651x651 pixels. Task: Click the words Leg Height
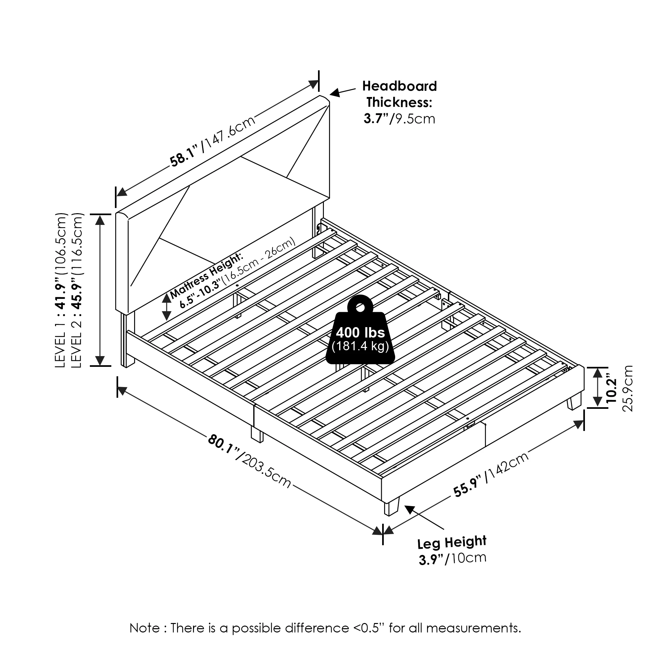point(451,543)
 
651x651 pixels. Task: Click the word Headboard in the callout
point(399,86)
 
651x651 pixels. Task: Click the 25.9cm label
point(628,389)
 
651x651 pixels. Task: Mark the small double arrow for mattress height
point(166,307)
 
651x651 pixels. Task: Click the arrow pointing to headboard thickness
point(342,92)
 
